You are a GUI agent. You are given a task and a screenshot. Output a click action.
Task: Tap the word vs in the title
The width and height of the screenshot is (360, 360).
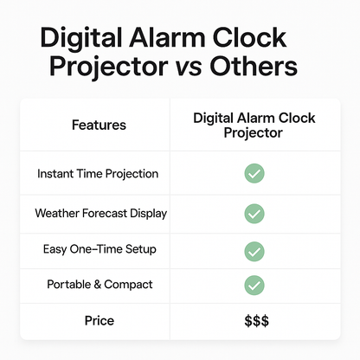pos(222,67)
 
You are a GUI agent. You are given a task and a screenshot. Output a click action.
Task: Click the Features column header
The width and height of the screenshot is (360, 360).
pos(98,125)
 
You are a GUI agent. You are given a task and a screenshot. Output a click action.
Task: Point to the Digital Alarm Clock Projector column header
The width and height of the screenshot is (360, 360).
pos(254,125)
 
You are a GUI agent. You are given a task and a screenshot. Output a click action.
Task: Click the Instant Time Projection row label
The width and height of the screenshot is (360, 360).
pos(98,174)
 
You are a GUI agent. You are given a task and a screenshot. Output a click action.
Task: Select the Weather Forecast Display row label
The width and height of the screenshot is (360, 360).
pos(100,213)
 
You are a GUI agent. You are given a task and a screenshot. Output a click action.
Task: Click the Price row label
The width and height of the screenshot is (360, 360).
pos(99,321)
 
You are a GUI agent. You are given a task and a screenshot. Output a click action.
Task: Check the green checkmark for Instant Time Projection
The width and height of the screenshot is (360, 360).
pos(254,174)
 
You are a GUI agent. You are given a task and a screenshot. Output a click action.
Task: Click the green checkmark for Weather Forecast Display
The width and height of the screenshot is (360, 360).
pos(254,213)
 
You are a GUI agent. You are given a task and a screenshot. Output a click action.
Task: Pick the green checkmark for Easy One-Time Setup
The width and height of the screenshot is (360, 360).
pos(254,251)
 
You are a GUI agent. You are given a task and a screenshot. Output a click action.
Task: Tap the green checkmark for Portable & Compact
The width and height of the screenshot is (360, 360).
pos(254,286)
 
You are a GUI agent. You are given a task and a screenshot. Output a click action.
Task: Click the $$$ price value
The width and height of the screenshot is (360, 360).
pos(254,321)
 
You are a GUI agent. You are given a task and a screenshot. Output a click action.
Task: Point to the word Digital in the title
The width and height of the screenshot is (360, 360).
pos(85,41)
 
